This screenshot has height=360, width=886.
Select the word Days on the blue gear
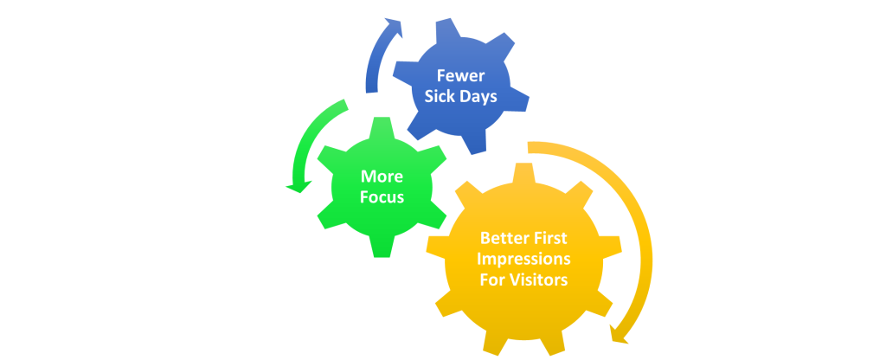click(x=478, y=96)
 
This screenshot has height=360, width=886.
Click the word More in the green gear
click(x=382, y=176)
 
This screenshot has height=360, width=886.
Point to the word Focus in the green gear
click(x=382, y=196)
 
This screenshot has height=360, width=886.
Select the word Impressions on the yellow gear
click(x=524, y=258)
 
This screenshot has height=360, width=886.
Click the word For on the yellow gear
click(x=492, y=280)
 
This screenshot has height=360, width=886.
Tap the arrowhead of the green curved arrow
click(x=298, y=183)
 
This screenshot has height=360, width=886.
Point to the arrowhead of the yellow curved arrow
click(x=619, y=332)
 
